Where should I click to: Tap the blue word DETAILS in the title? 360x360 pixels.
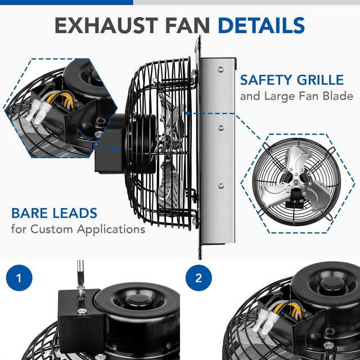point(261,25)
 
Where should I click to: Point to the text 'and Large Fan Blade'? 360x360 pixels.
point(296,96)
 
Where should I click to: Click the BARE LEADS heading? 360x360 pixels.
point(54,213)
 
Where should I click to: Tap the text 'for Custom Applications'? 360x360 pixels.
point(78,229)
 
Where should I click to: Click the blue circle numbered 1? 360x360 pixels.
point(20,278)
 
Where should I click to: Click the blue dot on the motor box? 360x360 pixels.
point(115,149)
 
